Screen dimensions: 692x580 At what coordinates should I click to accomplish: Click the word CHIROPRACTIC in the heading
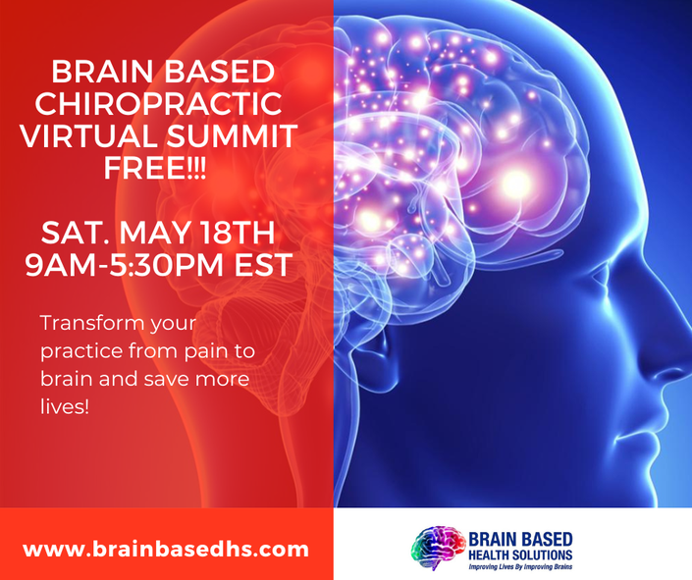[158, 104]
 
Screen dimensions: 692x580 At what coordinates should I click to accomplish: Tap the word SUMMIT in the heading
[232, 136]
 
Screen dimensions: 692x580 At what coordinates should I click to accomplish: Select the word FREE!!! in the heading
[154, 168]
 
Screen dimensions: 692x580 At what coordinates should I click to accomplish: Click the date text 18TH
[236, 233]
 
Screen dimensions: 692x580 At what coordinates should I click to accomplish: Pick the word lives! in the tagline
[65, 406]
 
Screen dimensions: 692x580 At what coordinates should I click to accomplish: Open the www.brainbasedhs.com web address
[166, 550]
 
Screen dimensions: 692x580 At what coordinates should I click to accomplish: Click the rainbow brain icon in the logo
[438, 549]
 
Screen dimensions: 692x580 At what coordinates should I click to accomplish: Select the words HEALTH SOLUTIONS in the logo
[520, 555]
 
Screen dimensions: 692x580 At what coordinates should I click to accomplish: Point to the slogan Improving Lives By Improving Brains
[520, 567]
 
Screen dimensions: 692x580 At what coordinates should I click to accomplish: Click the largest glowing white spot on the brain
[515, 183]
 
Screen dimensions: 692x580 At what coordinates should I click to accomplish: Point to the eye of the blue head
[604, 275]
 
